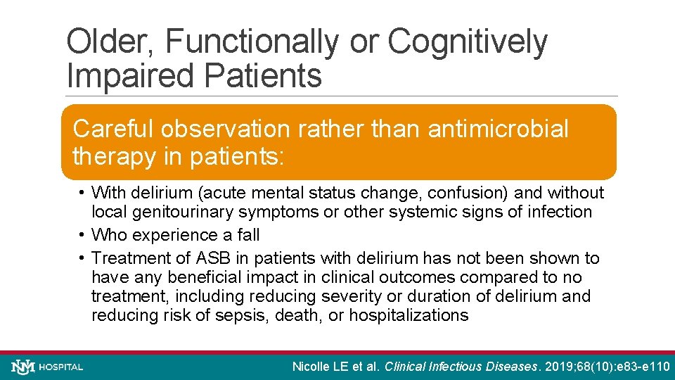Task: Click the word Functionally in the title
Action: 250,42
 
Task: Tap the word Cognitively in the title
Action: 467,42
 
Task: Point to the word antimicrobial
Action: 498,129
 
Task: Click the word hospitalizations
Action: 409,315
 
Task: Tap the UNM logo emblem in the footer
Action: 22,367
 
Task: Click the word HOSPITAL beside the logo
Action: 61,367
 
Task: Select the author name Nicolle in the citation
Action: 314,367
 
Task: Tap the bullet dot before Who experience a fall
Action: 82,235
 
